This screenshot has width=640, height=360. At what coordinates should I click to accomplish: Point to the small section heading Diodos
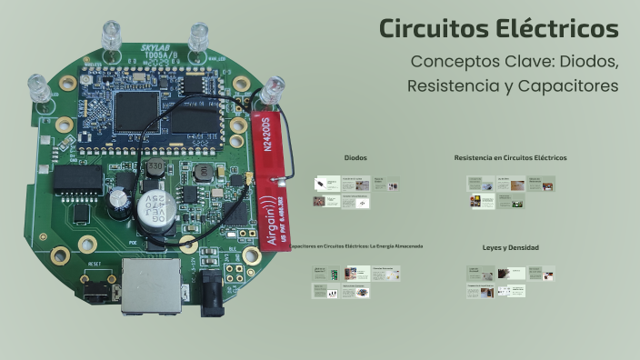355,157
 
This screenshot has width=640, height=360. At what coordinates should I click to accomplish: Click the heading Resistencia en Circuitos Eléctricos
510,157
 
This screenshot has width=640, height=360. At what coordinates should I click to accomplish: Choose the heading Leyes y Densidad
510,247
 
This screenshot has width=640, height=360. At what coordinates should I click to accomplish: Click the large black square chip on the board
136,108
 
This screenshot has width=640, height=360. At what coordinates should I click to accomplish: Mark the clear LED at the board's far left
41,87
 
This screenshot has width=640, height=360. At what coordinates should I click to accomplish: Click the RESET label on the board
95,264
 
